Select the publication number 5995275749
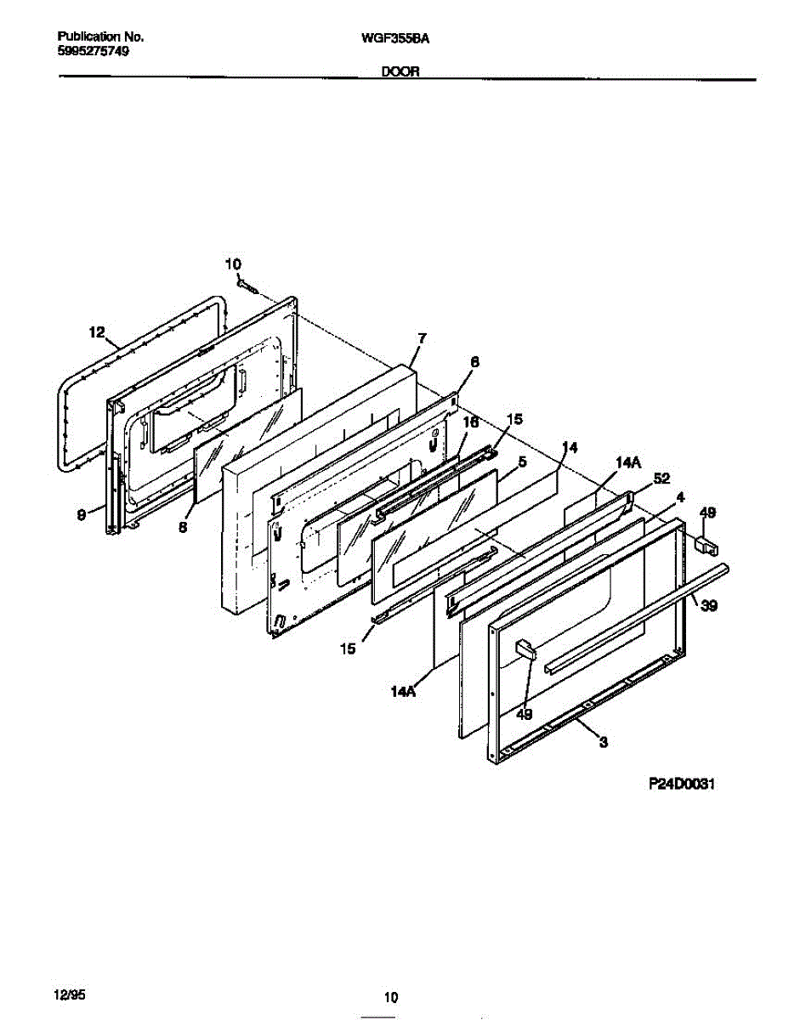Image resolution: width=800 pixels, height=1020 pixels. tap(94, 50)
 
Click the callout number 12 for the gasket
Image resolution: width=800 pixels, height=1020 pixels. tap(97, 331)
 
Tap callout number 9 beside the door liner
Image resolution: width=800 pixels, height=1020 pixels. tap(81, 514)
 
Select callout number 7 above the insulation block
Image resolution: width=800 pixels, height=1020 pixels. tap(422, 338)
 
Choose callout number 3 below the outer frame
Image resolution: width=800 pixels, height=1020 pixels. tap(603, 742)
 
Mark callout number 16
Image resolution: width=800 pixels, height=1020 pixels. tap(470, 422)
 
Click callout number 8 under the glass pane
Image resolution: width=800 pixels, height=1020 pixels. tap(183, 526)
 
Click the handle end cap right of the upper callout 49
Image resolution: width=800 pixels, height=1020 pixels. tap(706, 543)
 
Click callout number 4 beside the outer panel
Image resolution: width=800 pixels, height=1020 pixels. tap(680, 496)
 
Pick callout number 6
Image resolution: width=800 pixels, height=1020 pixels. tap(474, 361)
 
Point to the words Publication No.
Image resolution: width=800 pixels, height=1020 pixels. tap(100, 37)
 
